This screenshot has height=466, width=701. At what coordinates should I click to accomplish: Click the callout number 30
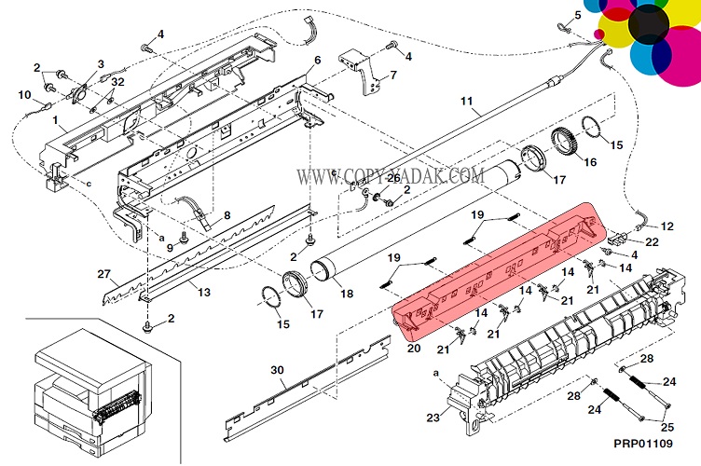[x=277, y=370]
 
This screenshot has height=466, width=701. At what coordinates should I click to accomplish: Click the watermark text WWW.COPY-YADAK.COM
[x=391, y=175]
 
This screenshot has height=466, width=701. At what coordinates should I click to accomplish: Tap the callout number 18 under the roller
[x=347, y=295]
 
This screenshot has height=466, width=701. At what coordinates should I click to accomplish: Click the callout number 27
[x=103, y=274]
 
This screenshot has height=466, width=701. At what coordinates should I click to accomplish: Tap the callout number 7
[x=392, y=75]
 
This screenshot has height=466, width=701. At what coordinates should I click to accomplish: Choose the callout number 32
[x=117, y=82]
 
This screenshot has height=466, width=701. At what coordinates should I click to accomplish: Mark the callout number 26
[x=392, y=178]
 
